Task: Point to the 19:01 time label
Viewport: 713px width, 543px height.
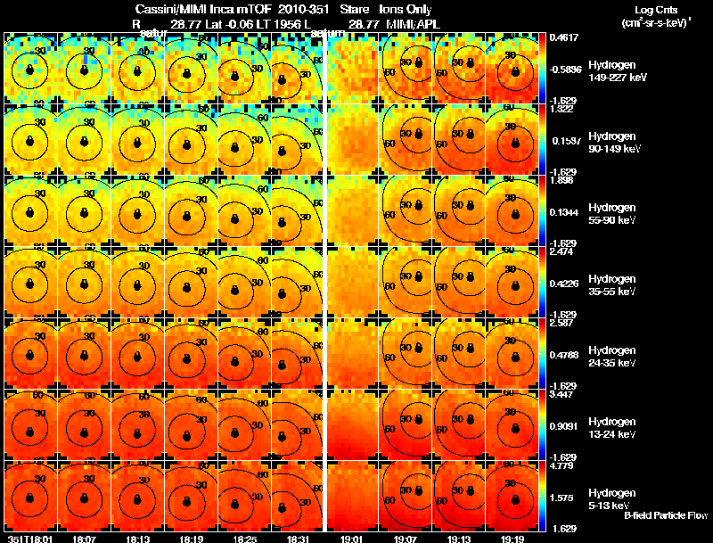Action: tap(351, 539)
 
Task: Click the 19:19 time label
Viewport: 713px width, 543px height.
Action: tap(512, 539)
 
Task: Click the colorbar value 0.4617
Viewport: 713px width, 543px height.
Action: tap(565, 37)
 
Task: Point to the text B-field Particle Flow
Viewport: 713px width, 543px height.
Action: tap(665, 515)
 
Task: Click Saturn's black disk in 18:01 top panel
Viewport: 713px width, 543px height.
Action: tap(29, 69)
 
